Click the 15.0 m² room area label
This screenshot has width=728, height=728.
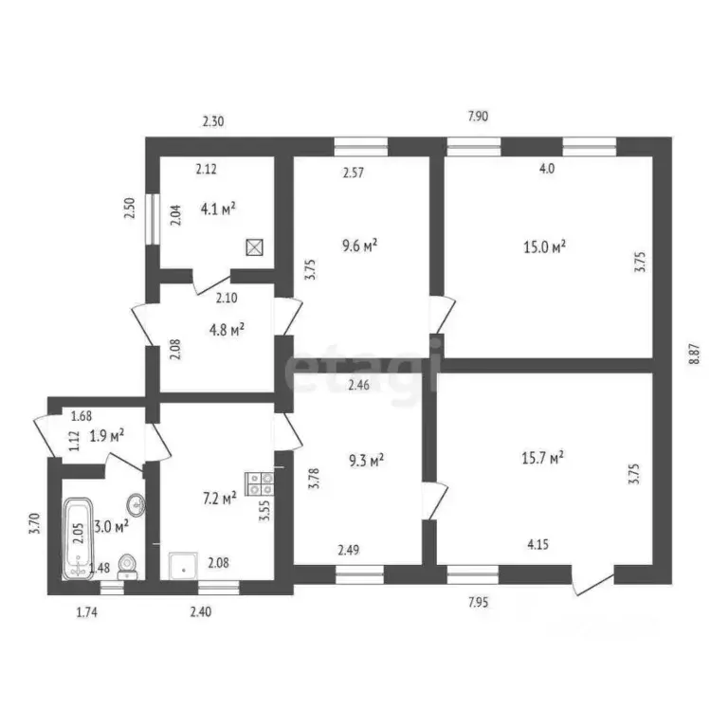pos(544,246)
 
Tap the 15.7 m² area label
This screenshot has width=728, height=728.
pos(542,458)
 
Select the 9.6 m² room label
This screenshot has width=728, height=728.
pos(359,246)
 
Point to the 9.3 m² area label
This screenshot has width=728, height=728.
pos(366,460)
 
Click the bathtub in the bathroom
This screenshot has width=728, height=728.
pos(78,538)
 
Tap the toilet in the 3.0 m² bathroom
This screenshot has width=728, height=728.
pos(127,567)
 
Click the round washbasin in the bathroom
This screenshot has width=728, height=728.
pos(136,504)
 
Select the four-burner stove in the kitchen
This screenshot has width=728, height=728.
pos(260,483)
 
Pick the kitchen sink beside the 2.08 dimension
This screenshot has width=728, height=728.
pos(183,566)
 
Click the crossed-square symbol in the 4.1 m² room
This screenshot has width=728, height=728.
pos(254,247)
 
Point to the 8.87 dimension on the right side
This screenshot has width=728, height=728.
pos(694,354)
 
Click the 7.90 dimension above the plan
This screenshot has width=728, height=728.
pos(478,116)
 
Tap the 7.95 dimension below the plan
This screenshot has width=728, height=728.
pos(478,602)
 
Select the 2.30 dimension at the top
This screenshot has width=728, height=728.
pos(213,121)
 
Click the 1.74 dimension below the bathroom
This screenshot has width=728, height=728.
pos(87,612)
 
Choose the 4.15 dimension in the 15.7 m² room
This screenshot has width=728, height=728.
pos(537,544)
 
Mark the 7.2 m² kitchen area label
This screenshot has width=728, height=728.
pos(220,499)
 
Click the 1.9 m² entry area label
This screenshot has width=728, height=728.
pos(107,435)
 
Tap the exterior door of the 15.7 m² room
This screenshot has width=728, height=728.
pos(592,580)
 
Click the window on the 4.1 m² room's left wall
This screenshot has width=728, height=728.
pos(153,219)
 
